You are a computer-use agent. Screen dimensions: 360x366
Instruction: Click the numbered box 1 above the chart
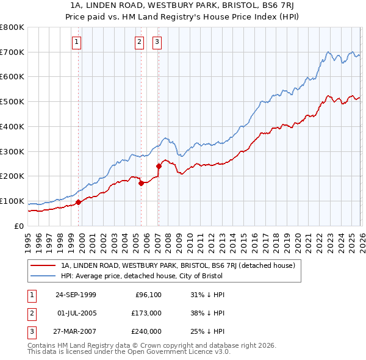[x=77, y=42]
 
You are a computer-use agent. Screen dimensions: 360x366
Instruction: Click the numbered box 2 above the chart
[x=139, y=42]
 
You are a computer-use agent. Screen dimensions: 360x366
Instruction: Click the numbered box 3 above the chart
[x=157, y=42]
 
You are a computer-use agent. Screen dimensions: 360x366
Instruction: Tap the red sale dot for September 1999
[x=79, y=202]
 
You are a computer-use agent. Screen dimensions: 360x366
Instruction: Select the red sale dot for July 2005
[x=141, y=182]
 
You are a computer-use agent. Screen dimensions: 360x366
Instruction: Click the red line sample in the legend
[x=43, y=265]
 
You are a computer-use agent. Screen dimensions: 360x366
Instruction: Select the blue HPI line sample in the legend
[x=43, y=276]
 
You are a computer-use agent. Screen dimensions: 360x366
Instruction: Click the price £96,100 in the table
[x=148, y=295]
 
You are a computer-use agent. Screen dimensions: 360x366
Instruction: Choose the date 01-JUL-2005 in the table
[x=76, y=313]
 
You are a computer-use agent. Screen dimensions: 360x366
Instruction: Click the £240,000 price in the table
[x=146, y=331]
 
